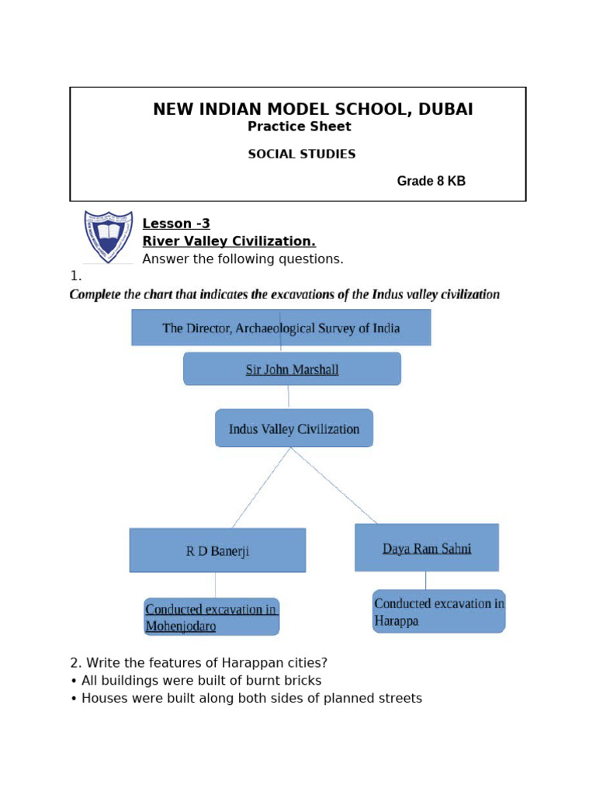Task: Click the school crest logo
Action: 108,236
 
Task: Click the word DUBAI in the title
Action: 445,109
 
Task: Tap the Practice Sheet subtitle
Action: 299,127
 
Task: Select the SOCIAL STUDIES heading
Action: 301,154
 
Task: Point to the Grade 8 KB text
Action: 431,182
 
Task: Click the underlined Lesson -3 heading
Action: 176,224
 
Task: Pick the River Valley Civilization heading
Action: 229,241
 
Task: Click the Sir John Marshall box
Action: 292,370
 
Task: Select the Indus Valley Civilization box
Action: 293,429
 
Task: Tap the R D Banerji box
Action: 217,551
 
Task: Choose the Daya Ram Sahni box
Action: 427,548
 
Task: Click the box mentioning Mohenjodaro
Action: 211,617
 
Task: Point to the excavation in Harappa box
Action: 438,612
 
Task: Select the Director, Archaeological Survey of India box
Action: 281,328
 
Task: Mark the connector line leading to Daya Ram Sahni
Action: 334,485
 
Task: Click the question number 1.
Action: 75,276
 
